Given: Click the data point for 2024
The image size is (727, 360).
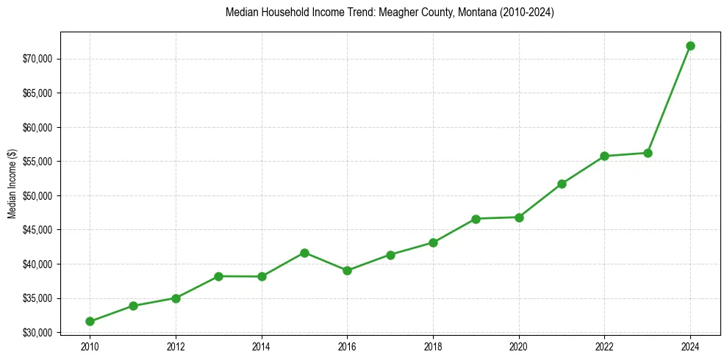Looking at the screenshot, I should (x=690, y=46).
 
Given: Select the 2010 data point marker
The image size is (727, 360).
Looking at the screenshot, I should (x=90, y=321).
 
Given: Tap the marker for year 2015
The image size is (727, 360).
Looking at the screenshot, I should (x=304, y=253).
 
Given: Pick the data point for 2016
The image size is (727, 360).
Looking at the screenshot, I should (x=347, y=270).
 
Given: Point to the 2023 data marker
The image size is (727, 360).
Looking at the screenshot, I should (x=648, y=153).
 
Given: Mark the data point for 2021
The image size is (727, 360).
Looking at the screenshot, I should (x=562, y=184).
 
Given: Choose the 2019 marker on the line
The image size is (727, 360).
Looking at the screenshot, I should (x=476, y=219).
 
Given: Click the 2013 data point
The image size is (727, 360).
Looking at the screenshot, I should (x=218, y=276).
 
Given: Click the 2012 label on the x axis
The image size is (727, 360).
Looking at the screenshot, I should (x=176, y=346).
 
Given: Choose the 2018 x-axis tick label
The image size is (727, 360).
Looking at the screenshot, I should (x=433, y=346).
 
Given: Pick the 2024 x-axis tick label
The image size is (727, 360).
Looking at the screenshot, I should (x=690, y=346).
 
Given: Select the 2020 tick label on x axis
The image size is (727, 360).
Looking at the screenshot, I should (x=519, y=346).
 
